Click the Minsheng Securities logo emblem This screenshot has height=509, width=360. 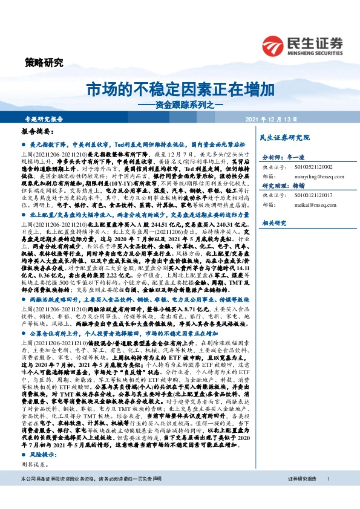click(274, 44)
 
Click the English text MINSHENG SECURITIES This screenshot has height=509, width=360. click(316, 51)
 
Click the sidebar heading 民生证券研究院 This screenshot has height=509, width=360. click(286, 138)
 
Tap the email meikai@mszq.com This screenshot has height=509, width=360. click(305, 206)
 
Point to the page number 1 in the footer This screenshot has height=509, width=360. click(327, 495)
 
